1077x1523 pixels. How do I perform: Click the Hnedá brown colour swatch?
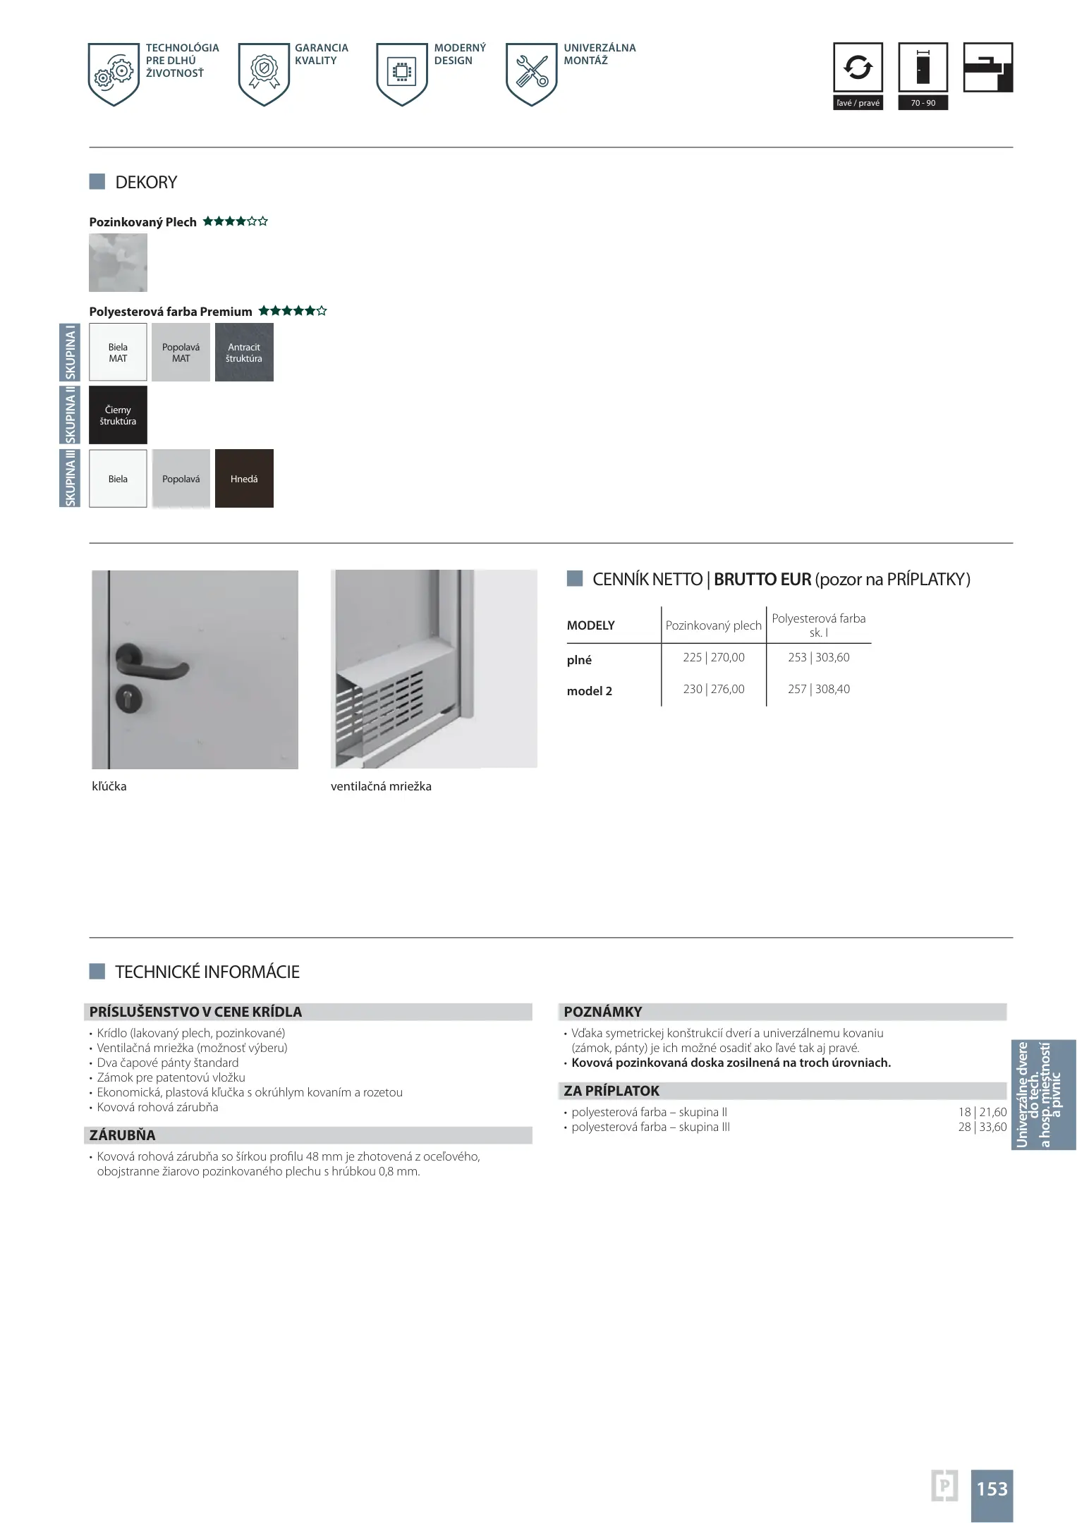click(244, 479)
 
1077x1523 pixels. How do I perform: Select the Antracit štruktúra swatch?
click(244, 353)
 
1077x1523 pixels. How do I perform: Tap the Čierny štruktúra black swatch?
click(118, 415)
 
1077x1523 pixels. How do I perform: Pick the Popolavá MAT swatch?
click(181, 353)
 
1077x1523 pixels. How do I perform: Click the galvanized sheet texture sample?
click(118, 263)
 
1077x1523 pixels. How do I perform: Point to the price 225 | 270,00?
click(713, 657)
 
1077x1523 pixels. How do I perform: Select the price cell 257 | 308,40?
click(818, 689)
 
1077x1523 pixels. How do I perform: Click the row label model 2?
click(589, 691)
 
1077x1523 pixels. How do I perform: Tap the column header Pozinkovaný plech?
click(713, 625)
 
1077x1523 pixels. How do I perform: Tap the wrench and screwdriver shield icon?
click(531, 73)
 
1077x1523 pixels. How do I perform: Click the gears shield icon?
click(114, 73)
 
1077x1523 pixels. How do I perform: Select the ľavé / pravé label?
click(858, 103)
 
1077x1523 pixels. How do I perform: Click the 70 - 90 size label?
click(923, 103)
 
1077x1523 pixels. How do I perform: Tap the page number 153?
click(992, 1488)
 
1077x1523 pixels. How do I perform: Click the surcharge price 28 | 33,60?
click(982, 1127)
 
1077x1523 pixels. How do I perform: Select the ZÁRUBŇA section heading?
click(122, 1135)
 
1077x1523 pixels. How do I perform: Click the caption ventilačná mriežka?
click(381, 786)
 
